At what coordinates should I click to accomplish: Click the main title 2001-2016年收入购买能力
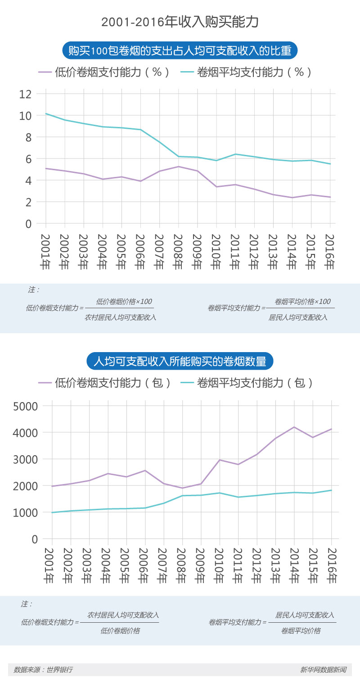pyautogui.click(x=180, y=22)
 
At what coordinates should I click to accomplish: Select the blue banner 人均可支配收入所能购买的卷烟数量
pyautogui.click(x=180, y=361)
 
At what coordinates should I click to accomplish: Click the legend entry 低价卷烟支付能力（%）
pyautogui.click(x=104, y=72)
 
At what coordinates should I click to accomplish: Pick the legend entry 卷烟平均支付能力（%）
pyautogui.click(x=246, y=72)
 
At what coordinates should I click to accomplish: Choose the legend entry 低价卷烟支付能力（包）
pyautogui.click(x=105, y=383)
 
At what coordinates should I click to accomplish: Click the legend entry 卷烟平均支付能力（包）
pyautogui.click(x=247, y=383)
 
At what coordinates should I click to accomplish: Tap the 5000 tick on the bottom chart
pyautogui.click(x=29, y=406)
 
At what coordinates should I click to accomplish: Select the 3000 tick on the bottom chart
pyautogui.click(x=29, y=459)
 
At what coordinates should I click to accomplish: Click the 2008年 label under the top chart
pyautogui.click(x=178, y=252)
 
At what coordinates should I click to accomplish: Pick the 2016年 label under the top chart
pyautogui.click(x=330, y=252)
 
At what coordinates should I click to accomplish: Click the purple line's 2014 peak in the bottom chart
pyautogui.click(x=293, y=427)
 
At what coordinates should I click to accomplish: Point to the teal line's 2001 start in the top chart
pyautogui.click(x=46, y=113)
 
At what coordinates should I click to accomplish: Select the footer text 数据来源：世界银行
pyautogui.click(x=43, y=670)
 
